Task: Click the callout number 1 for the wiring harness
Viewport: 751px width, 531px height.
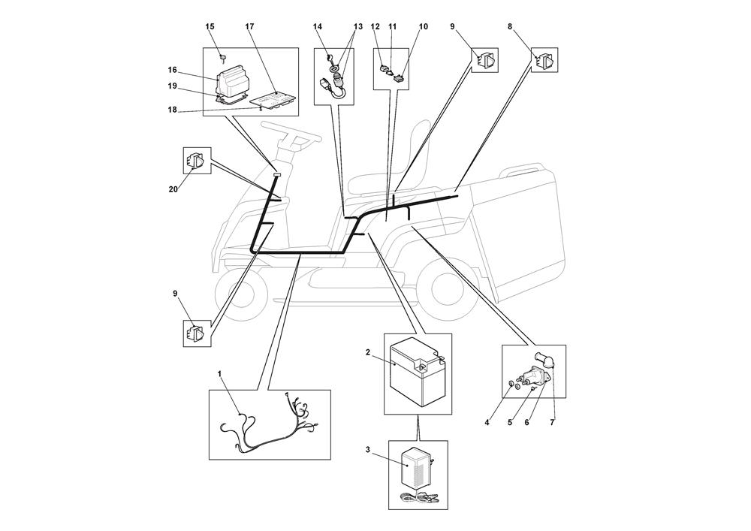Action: (x=220, y=373)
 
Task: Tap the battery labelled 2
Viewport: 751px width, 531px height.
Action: (x=415, y=374)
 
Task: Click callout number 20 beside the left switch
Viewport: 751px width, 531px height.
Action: (x=173, y=189)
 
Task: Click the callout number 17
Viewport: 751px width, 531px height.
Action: (x=249, y=27)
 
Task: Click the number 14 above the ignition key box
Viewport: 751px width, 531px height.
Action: (x=318, y=27)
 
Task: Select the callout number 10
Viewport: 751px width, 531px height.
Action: (x=423, y=27)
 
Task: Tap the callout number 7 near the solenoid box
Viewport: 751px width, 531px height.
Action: (x=553, y=423)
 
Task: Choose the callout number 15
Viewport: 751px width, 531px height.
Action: (x=210, y=27)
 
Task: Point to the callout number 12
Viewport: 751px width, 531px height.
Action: (x=375, y=27)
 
